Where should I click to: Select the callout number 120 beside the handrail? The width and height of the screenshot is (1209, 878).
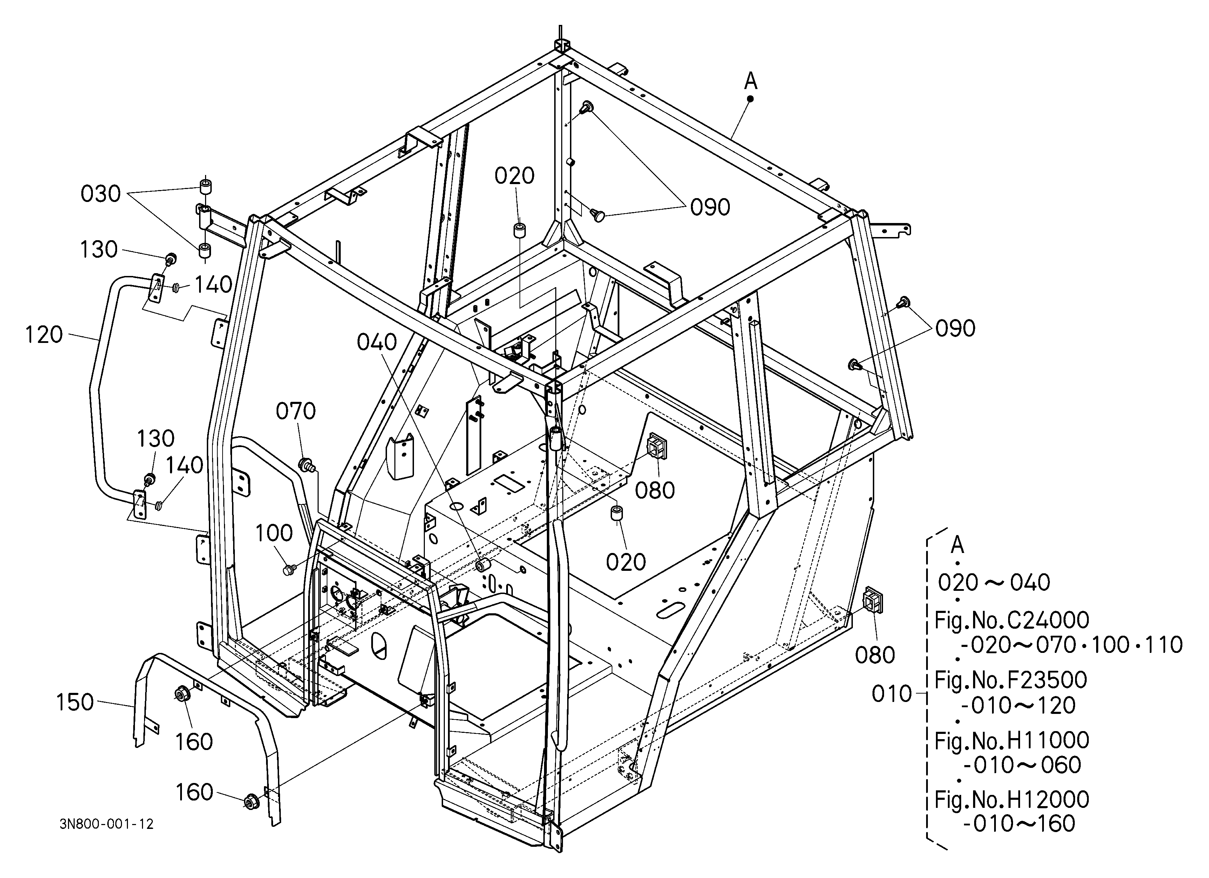(44, 335)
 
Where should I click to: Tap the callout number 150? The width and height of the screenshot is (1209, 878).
(75, 703)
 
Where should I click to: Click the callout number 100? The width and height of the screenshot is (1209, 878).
(274, 533)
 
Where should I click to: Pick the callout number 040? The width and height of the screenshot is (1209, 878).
(377, 342)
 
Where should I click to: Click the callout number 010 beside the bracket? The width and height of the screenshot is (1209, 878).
(892, 694)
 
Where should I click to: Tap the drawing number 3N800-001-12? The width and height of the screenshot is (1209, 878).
(107, 824)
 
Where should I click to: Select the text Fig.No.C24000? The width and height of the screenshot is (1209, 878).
(1012, 620)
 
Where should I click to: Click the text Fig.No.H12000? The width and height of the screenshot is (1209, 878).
(1012, 799)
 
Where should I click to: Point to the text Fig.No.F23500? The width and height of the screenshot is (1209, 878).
(1011, 680)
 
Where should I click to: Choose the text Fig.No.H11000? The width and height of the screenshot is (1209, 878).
(1012, 740)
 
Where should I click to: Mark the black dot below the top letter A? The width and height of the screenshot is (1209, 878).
(750, 99)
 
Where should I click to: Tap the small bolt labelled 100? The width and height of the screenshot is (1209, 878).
(290, 570)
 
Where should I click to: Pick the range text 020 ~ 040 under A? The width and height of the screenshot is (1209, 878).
(994, 583)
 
